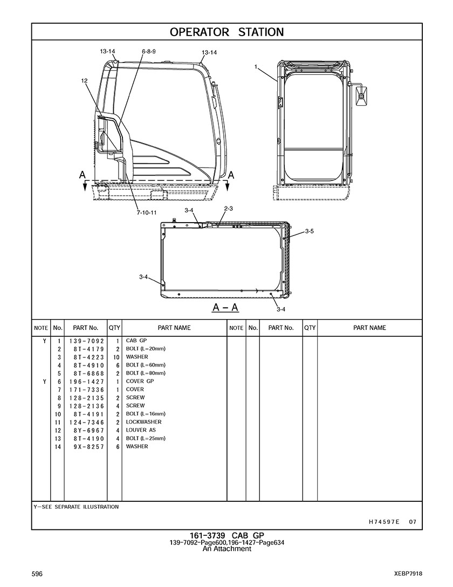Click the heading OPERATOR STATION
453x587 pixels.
(x=226, y=32)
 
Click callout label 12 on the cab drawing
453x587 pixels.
(x=84, y=80)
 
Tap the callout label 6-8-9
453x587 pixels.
(x=149, y=52)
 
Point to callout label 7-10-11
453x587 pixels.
(x=147, y=212)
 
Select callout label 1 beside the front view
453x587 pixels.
(x=256, y=67)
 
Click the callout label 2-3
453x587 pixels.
(x=228, y=209)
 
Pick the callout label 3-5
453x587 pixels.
(x=309, y=231)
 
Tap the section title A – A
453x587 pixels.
(x=225, y=307)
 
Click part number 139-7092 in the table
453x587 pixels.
(x=86, y=341)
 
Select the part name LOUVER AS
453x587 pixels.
(x=141, y=430)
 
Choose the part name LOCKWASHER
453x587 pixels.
(x=143, y=422)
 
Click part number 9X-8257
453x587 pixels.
(x=89, y=447)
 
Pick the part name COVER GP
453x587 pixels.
(x=140, y=381)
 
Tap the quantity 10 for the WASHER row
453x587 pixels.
(x=116, y=357)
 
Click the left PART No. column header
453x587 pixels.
(x=85, y=328)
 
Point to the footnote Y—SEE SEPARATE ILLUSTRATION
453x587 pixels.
(x=76, y=507)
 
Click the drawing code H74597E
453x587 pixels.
(x=384, y=522)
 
